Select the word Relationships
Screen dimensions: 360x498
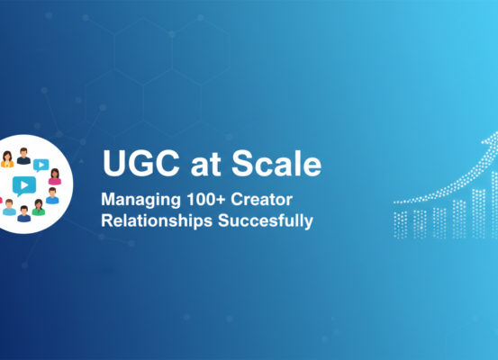point(158,220)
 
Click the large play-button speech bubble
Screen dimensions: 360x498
point(23,185)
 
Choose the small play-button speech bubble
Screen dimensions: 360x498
point(40,164)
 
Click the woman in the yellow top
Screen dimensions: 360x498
point(7,159)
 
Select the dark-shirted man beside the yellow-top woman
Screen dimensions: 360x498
point(23,157)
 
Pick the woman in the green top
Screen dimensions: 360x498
point(39,207)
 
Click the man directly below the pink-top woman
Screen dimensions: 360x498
point(52,194)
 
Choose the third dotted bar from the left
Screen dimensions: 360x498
point(439,221)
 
